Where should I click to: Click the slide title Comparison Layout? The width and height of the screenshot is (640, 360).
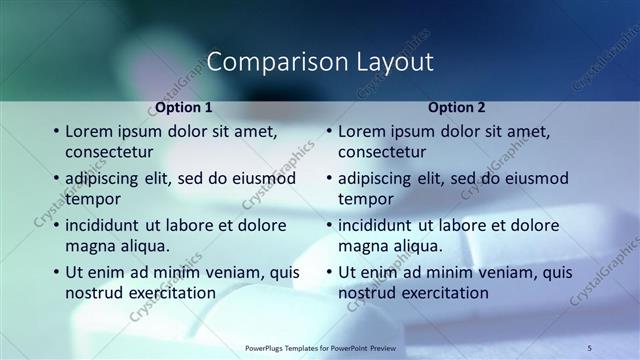pos(320,62)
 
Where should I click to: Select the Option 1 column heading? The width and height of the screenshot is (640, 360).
pos(184,107)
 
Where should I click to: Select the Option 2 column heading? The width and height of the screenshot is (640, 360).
pos(457,107)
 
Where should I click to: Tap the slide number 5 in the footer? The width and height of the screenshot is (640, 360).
pos(590,346)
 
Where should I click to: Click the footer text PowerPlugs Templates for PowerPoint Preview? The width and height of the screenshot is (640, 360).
pos(319,347)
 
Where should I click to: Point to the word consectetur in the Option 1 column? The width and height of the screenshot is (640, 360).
pos(109,152)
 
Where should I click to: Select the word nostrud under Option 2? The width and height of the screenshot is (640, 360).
pos(367,293)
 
